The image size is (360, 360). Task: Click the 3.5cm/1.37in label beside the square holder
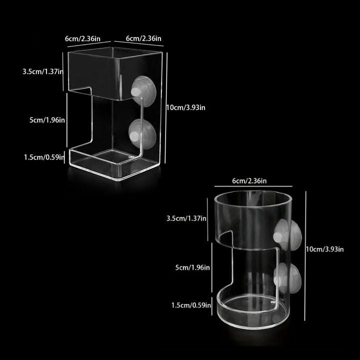click(43, 71)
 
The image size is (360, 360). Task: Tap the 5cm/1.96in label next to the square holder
click(47, 120)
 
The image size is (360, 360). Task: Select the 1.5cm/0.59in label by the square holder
click(44, 157)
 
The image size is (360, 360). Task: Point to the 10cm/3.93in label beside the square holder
click(185, 107)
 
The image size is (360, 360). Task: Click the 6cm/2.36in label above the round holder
click(249, 181)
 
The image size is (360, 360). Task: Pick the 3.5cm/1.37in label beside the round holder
click(186, 218)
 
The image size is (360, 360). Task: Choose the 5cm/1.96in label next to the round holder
click(192, 267)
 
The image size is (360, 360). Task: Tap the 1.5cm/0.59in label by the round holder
click(191, 305)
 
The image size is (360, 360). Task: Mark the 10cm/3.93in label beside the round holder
click(324, 249)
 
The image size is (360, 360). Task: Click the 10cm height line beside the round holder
click(305, 256)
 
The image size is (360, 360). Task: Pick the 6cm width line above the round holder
click(253, 186)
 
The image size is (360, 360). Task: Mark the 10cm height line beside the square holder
click(166, 108)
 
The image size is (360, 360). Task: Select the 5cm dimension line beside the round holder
click(211, 267)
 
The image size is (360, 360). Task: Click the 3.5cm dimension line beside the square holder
click(63, 71)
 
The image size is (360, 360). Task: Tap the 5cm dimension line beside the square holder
click(67, 120)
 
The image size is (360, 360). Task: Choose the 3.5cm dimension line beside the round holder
click(207, 219)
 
